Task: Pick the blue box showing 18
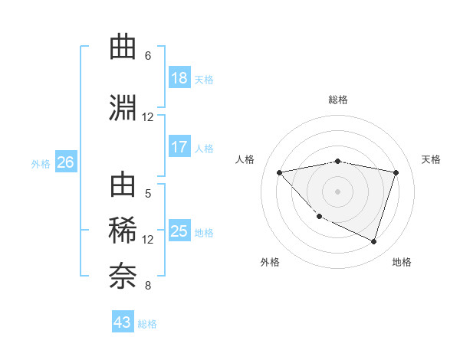(179, 78)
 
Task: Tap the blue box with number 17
(179, 147)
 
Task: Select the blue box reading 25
(179, 231)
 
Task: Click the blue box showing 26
(65, 162)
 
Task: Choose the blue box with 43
(122, 322)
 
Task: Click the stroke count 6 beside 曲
(148, 56)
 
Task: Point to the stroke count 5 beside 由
(148, 194)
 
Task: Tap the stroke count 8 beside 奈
(148, 286)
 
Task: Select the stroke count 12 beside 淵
(148, 117)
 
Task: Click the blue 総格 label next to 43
(147, 324)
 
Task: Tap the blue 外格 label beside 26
(41, 163)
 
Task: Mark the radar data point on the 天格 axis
(396, 172)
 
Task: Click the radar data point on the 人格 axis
(279, 172)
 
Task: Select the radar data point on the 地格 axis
(373, 242)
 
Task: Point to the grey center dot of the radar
(337, 191)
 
